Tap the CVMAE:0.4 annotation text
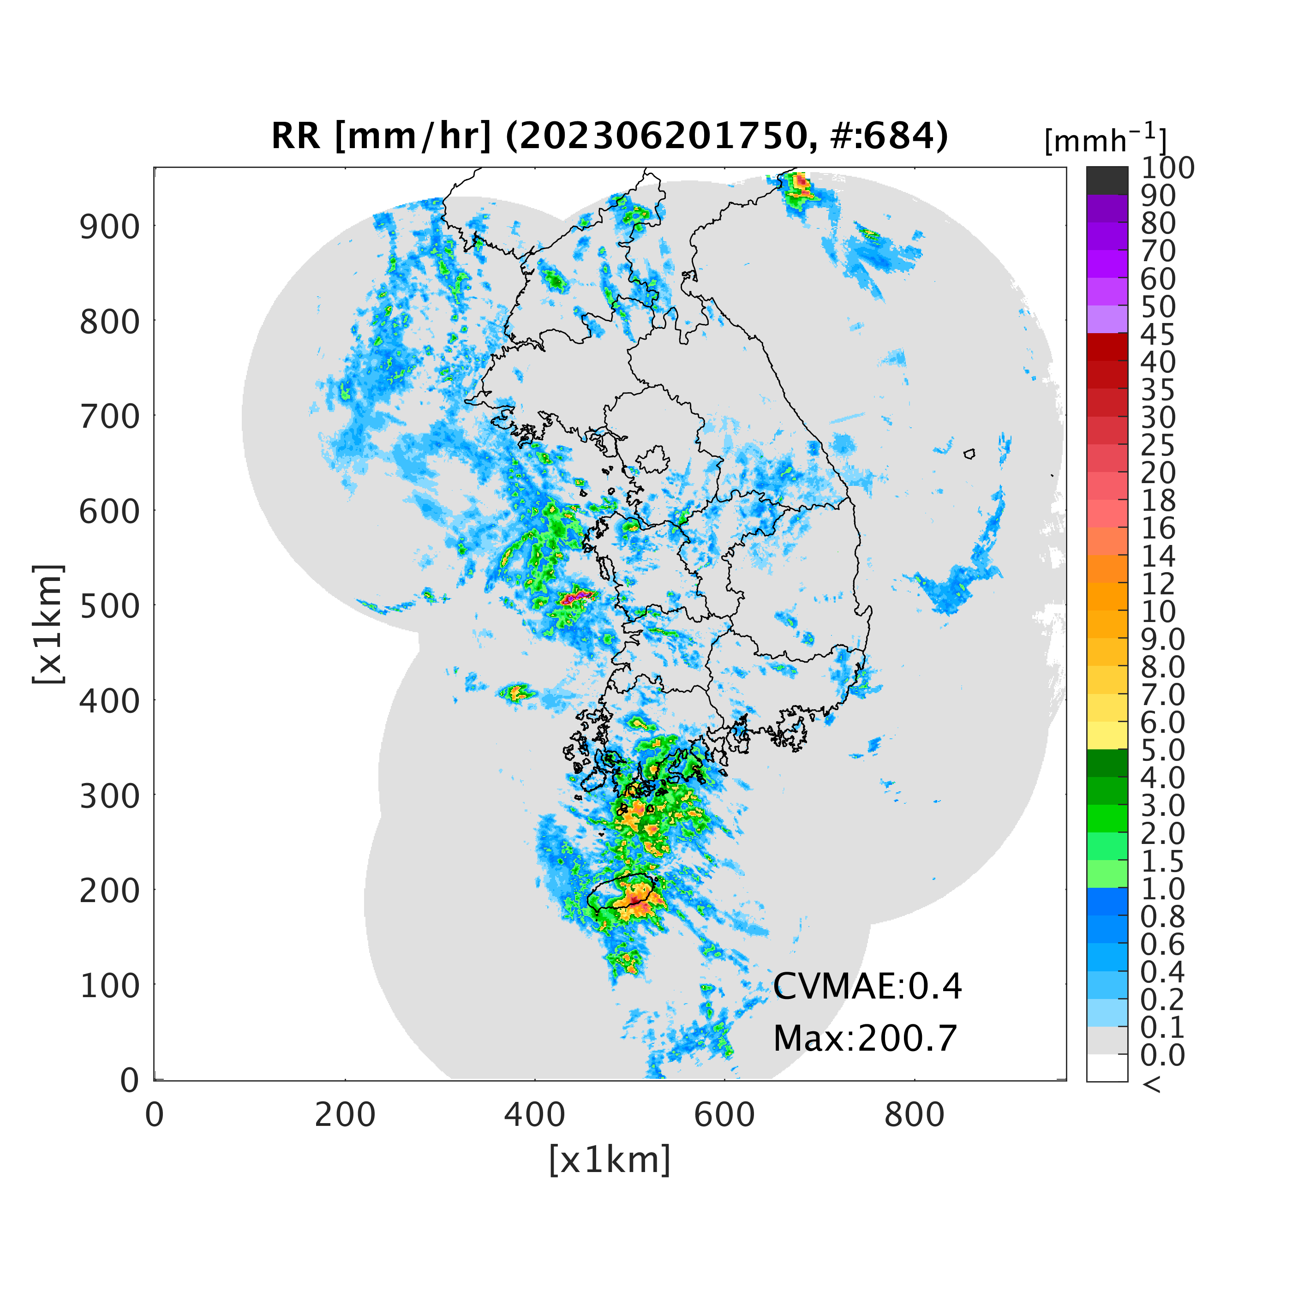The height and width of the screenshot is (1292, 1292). pyautogui.click(x=867, y=987)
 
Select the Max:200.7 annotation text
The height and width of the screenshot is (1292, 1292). pyautogui.click(x=865, y=1039)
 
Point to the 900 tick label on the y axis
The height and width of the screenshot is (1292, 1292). pyautogui.click(x=110, y=227)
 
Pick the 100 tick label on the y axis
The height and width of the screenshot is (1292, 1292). pyautogui.click(x=110, y=987)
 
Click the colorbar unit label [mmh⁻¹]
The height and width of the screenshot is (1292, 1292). pyautogui.click(x=1106, y=139)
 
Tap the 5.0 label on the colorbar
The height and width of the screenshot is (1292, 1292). pyautogui.click(x=1163, y=750)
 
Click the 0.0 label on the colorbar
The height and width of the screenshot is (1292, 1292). pyautogui.click(x=1163, y=1055)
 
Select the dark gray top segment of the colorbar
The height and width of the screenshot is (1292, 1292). pyautogui.click(x=1107, y=180)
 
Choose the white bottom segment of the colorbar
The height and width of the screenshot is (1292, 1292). pyautogui.click(x=1107, y=1068)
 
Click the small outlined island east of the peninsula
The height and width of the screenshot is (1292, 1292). pyautogui.click(x=969, y=454)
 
